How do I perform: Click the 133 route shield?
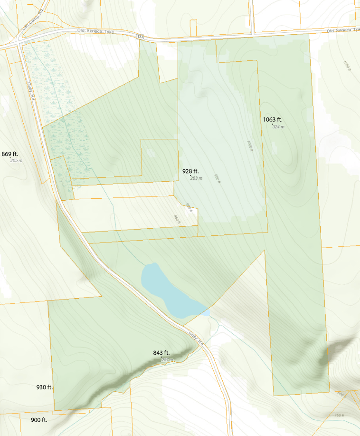click(x=140, y=36)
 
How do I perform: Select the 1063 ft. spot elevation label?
click(x=276, y=119)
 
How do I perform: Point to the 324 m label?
click(x=278, y=126)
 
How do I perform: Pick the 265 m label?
click(x=16, y=161)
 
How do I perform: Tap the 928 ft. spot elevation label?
click(x=191, y=171)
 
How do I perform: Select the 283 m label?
click(x=196, y=178)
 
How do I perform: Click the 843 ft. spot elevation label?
click(x=161, y=353)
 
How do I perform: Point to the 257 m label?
click(x=167, y=360)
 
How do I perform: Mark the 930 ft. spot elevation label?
click(x=45, y=387)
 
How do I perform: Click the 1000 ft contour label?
click(x=250, y=145)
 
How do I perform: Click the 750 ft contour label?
click(x=339, y=416)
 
